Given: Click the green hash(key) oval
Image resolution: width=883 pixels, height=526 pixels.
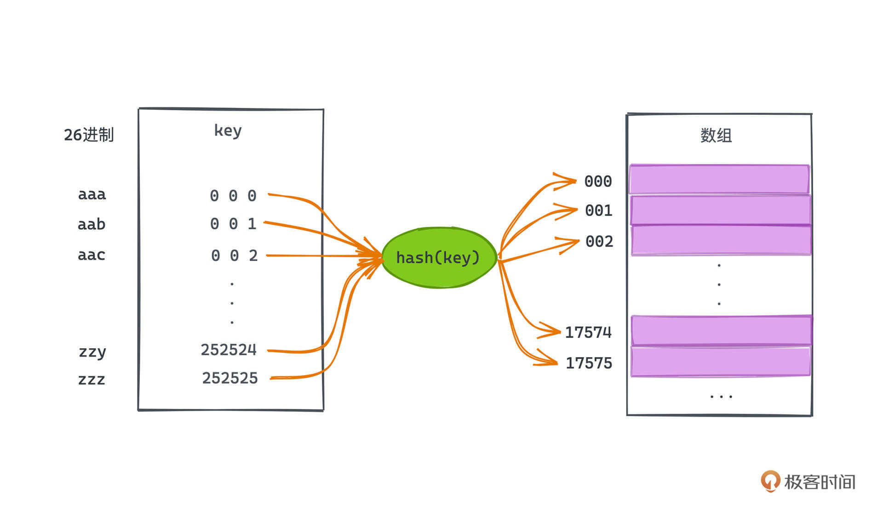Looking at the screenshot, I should (x=439, y=258).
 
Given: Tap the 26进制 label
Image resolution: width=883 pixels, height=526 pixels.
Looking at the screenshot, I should (x=89, y=135).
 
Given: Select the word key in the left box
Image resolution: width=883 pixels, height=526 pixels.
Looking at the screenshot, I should (x=228, y=131).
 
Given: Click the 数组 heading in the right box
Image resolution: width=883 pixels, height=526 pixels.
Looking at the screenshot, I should (x=716, y=136).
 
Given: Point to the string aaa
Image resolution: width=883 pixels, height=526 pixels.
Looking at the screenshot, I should (x=92, y=195).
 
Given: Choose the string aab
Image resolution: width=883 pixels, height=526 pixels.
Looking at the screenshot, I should (x=92, y=224).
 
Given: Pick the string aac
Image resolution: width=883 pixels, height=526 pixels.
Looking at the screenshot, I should (x=92, y=255).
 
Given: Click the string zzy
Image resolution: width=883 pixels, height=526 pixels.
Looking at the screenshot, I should (x=92, y=352).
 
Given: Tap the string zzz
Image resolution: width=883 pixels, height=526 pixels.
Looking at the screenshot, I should (x=92, y=379).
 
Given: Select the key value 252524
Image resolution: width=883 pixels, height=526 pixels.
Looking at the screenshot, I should (x=229, y=350).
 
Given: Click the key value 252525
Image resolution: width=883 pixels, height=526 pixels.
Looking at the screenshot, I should (x=230, y=378).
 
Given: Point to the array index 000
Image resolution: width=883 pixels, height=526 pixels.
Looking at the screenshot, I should (x=598, y=181).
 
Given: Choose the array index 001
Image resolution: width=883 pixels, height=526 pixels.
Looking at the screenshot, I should (x=598, y=211).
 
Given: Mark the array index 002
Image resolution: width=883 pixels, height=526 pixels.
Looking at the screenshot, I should (x=599, y=242).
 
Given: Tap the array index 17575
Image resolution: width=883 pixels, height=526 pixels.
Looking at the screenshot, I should (x=589, y=363).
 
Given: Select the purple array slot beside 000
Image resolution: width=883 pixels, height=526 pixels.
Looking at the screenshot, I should (x=719, y=179).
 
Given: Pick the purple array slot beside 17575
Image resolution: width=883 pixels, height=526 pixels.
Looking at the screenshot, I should (x=720, y=362).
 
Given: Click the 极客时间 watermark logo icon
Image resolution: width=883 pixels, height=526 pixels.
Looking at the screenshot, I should (x=770, y=481).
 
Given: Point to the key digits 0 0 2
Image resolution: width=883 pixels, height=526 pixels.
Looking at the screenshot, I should (x=234, y=256).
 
